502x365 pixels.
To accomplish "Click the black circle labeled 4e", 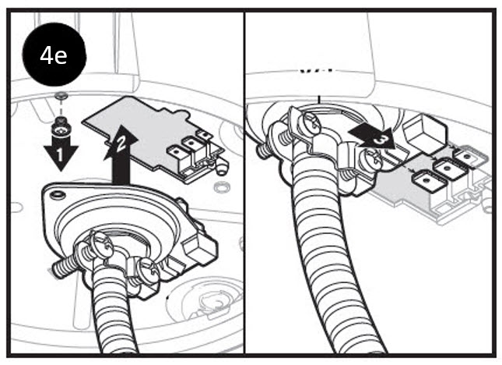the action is click(54, 55).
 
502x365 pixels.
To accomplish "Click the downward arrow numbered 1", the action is click(61, 154).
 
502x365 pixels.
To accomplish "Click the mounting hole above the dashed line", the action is click(60, 95).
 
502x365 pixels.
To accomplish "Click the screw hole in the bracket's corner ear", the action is click(58, 195).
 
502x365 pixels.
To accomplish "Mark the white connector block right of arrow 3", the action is click(423, 130).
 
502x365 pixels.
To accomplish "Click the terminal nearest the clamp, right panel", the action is click(428, 182).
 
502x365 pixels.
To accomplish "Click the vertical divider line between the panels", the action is click(244, 182).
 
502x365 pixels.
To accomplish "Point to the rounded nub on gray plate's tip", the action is click(222, 168).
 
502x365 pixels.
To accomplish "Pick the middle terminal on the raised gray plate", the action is click(191, 143).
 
